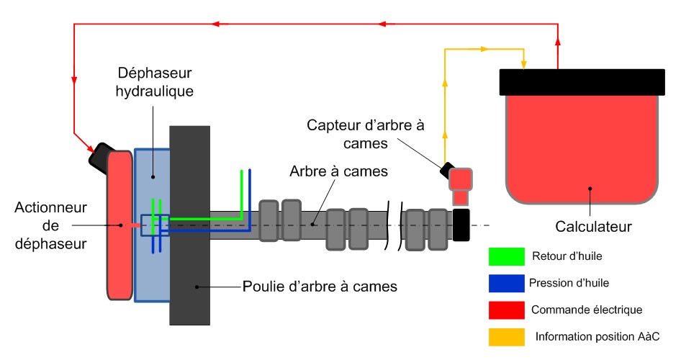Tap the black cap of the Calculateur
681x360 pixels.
click(x=582, y=81)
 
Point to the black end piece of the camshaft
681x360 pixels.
click(x=461, y=225)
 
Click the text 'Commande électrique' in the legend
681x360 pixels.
click(x=577, y=310)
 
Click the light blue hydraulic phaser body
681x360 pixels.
click(x=151, y=274)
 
